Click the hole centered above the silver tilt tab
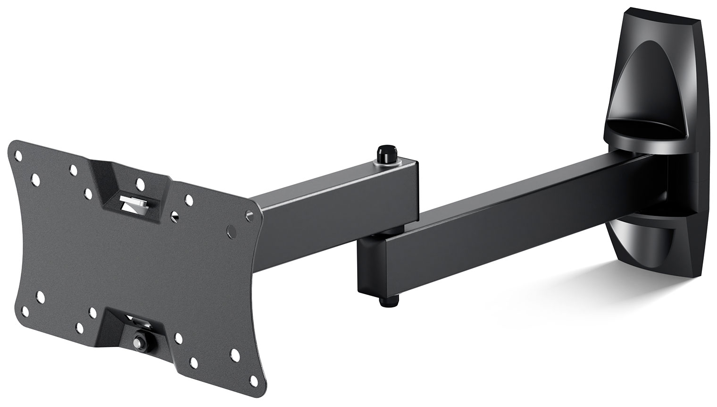click(140, 182)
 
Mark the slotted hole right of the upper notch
click(176, 216)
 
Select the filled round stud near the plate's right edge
click(230, 230)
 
